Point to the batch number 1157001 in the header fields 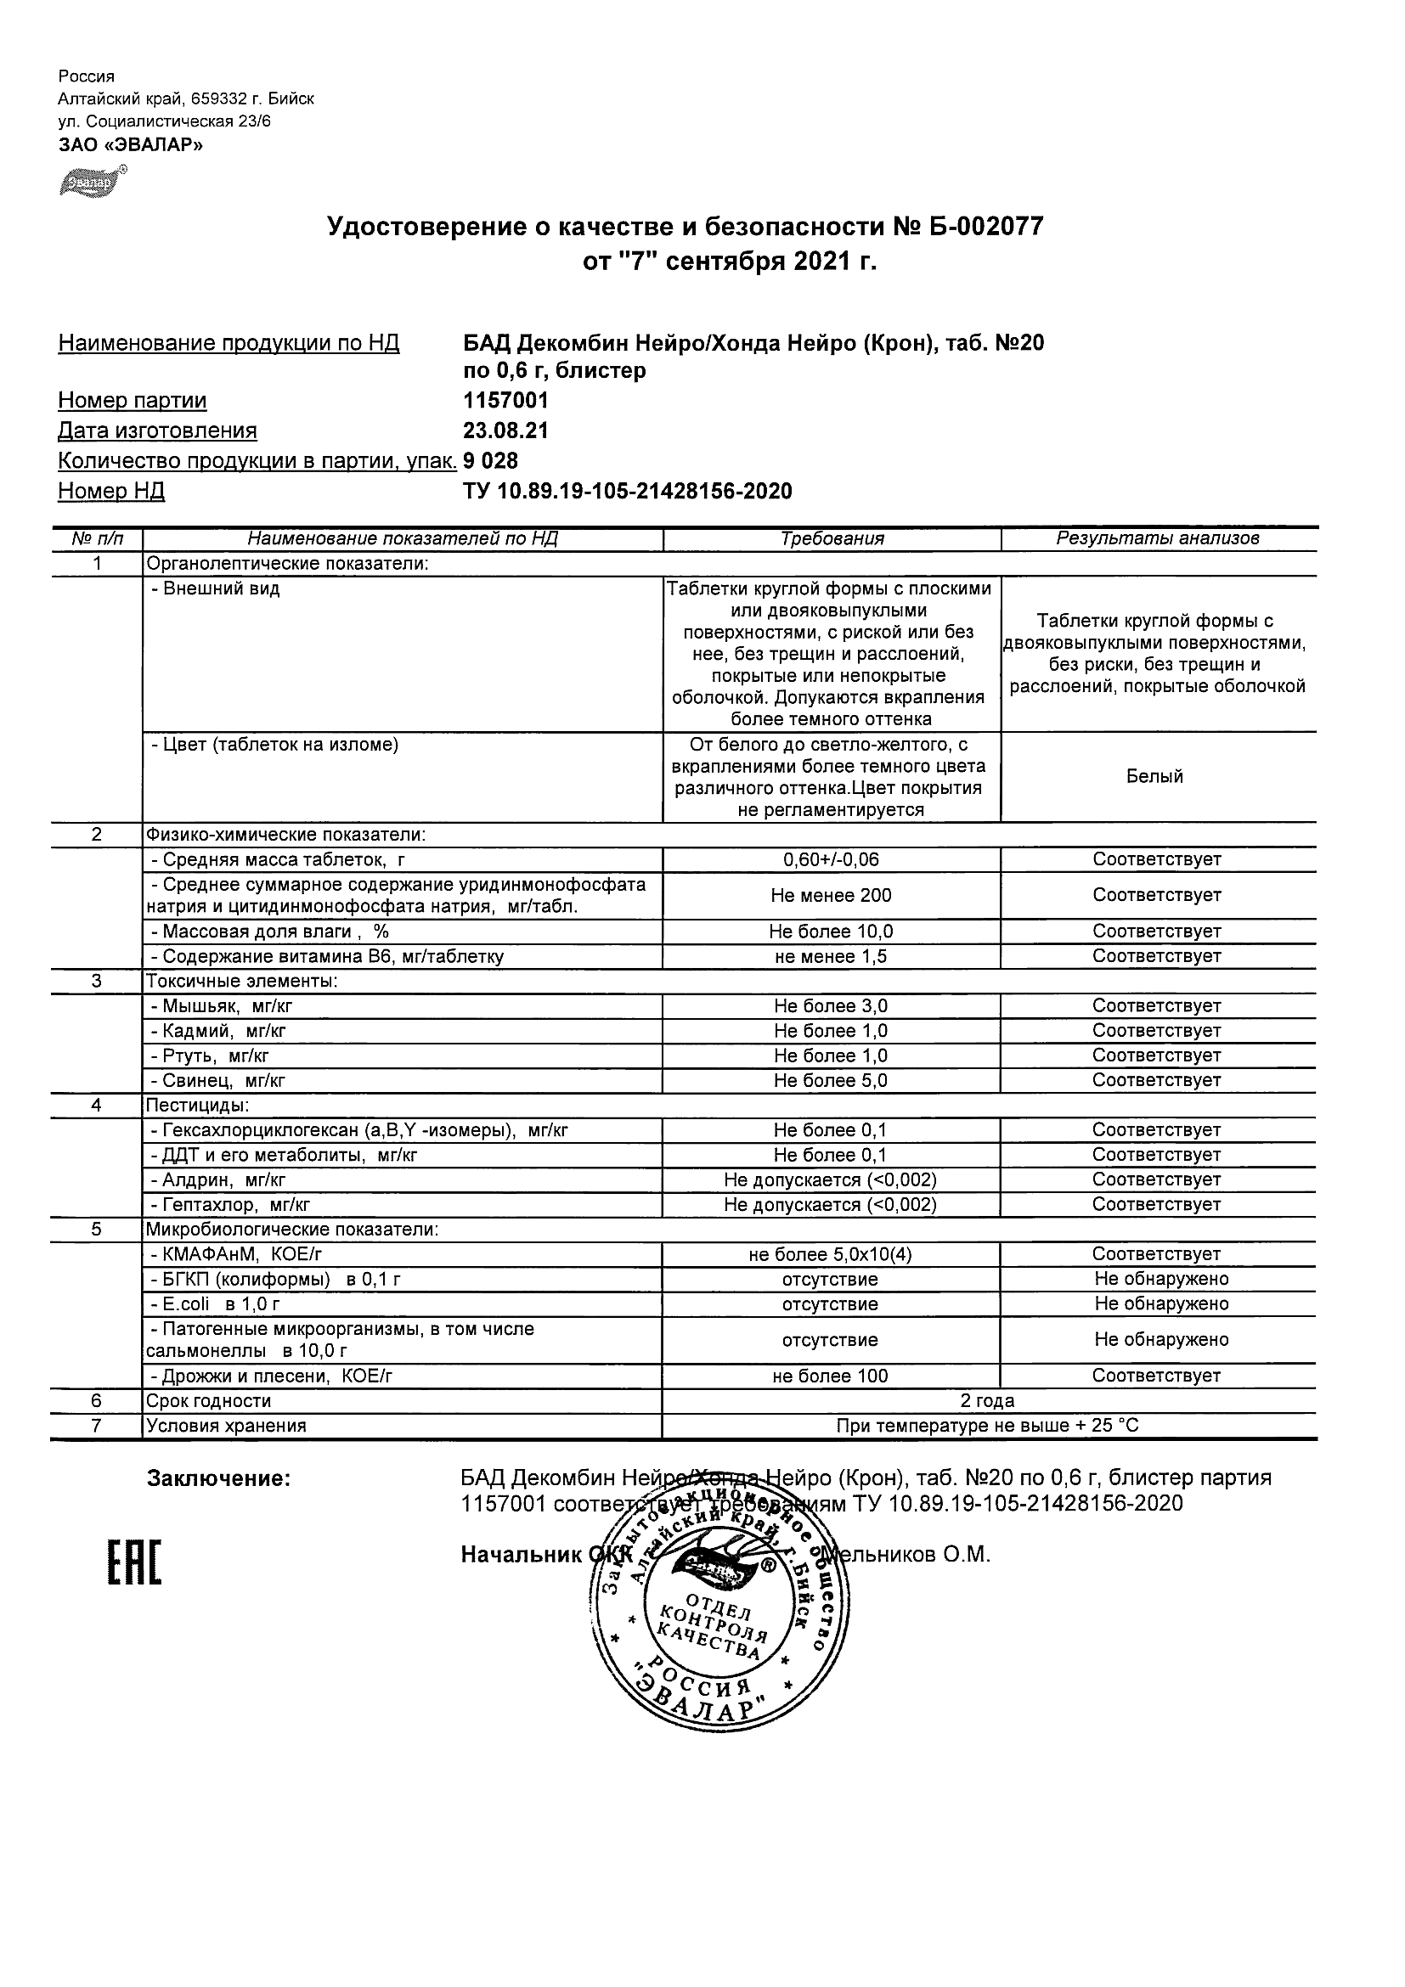pyautogui.click(x=505, y=401)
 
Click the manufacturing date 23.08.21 pyautogui.click(x=505, y=431)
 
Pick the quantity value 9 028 pyautogui.click(x=491, y=460)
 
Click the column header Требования pyautogui.click(x=832, y=539)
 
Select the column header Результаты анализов pyautogui.click(x=1158, y=539)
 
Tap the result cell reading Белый pyautogui.click(x=1154, y=776)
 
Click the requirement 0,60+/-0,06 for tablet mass pyautogui.click(x=831, y=859)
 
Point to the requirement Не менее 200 pyautogui.click(x=831, y=896)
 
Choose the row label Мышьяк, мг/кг pyautogui.click(x=227, y=1005)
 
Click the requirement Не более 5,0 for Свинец pyautogui.click(x=831, y=1080)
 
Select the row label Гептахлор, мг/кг pyautogui.click(x=230, y=1204)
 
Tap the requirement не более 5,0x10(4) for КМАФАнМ pyautogui.click(x=831, y=1254)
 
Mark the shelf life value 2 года pyautogui.click(x=988, y=1401)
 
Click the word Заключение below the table pyautogui.click(x=218, y=1479)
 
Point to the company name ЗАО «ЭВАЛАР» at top pyautogui.click(x=131, y=144)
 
